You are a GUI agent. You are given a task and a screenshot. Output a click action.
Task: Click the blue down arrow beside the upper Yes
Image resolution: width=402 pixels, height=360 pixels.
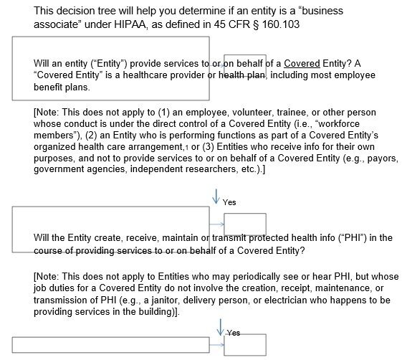[216, 196]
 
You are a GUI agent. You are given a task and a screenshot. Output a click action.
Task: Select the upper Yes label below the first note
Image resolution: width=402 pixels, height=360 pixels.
[229, 202]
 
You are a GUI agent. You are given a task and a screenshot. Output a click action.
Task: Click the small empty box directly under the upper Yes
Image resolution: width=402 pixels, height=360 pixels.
[245, 224]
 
